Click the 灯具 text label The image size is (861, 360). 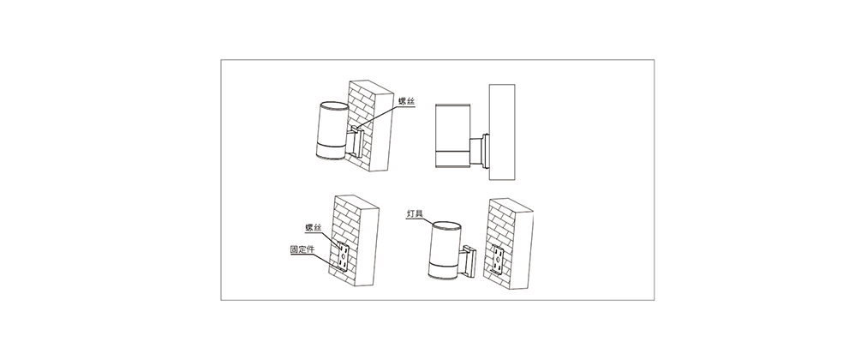(x=416, y=213)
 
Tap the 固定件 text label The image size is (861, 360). (x=302, y=249)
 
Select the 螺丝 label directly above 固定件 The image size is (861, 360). (x=314, y=227)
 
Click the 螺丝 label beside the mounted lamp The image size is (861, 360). (x=407, y=101)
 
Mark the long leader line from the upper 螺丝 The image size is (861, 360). (x=387, y=117)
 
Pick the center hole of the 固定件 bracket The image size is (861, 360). (x=344, y=255)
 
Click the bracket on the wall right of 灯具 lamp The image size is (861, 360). (x=499, y=261)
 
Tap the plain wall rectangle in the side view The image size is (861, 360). (x=502, y=132)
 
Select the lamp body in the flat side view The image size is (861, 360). (x=451, y=135)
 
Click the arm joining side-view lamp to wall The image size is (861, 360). (x=475, y=151)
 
